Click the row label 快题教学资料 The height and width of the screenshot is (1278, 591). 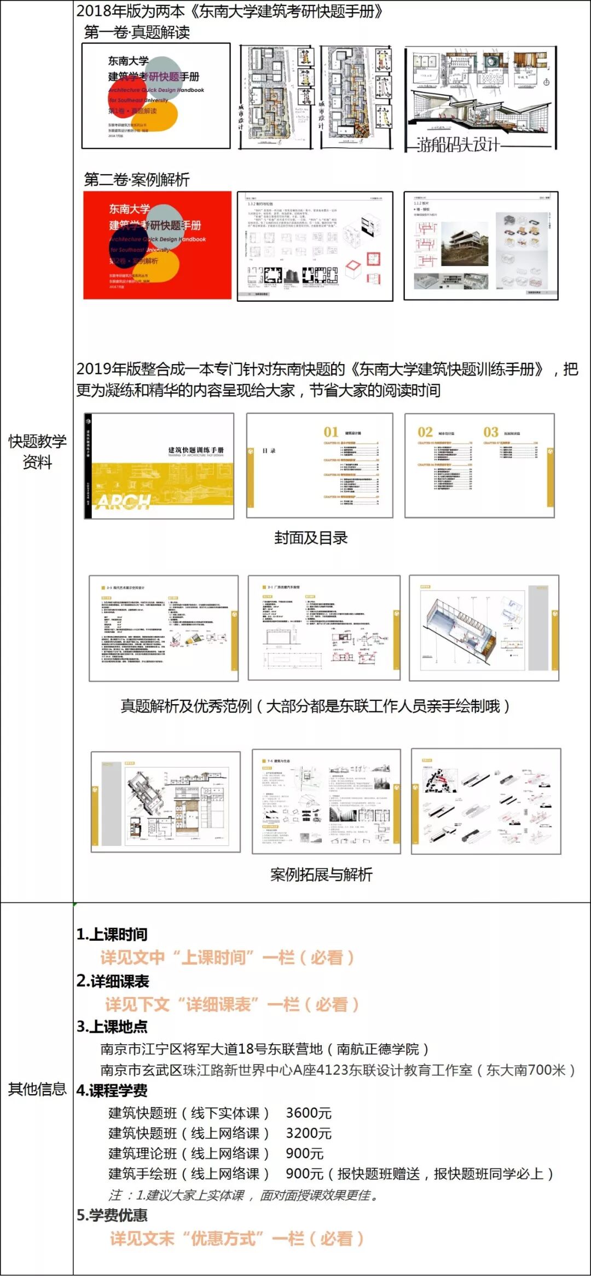[37, 452]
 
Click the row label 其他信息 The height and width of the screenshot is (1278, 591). [37, 1089]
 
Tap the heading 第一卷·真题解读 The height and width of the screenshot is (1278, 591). [137, 32]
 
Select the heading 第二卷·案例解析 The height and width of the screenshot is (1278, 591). [137, 180]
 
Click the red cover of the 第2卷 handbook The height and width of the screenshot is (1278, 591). [157, 245]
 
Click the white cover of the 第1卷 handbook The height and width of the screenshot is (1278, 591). [156, 96]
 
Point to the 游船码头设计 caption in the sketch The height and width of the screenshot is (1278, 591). [459, 145]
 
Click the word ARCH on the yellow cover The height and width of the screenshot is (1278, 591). [124, 502]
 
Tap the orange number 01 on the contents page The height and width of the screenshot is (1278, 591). [331, 432]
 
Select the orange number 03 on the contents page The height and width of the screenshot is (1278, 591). [491, 432]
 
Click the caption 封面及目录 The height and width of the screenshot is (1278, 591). [311, 538]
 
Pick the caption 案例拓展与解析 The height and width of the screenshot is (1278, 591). [321, 874]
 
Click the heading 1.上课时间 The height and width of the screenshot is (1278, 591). [112, 934]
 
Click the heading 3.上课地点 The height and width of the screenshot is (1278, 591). [112, 1026]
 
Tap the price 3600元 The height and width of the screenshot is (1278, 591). [309, 1113]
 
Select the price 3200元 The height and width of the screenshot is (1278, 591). [309, 1133]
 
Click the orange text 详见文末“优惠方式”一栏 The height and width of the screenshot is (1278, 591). [236, 1239]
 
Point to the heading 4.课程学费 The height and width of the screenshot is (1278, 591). [112, 1090]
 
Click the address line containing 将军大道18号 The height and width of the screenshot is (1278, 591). [264, 1049]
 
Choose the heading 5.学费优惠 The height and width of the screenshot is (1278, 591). [112, 1216]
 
